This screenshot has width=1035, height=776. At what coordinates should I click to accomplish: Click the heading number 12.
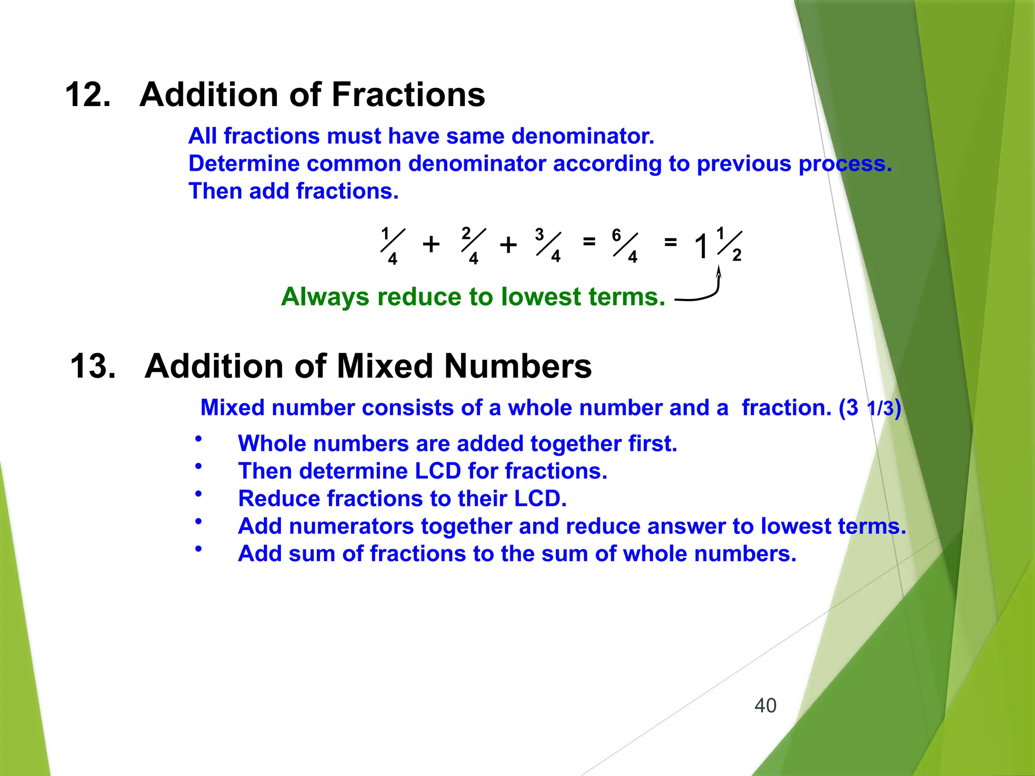[87, 94]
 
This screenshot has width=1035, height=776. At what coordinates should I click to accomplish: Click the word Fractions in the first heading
[408, 94]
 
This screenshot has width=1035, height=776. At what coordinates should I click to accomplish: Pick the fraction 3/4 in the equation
[548, 245]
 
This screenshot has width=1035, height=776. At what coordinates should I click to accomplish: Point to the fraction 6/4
[625, 246]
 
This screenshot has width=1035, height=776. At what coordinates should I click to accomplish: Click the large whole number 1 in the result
[701, 247]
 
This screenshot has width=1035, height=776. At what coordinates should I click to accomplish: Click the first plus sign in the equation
[431, 245]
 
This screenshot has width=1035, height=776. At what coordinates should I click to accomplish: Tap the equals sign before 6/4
[589, 241]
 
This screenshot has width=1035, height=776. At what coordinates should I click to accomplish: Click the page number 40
[765, 705]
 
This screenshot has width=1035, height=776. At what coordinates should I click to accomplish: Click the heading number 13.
[92, 366]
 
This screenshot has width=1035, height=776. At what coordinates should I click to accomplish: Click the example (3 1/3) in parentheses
[870, 408]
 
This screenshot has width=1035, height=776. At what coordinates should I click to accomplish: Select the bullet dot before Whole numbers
[199, 439]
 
